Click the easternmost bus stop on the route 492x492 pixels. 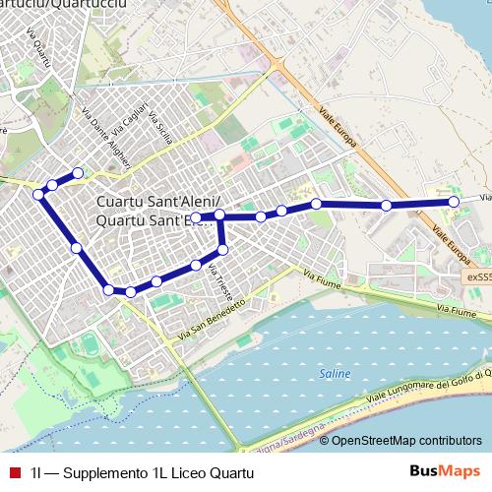pyautogui.click(x=454, y=201)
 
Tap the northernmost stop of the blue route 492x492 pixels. pyautogui.click(x=78, y=173)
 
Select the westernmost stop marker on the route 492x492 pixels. pyautogui.click(x=38, y=195)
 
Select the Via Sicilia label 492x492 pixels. pyautogui.click(x=155, y=124)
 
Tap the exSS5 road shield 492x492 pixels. pyautogui.click(x=478, y=277)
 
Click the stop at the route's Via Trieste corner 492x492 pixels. pyautogui.click(x=222, y=251)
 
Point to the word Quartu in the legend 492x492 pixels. pyautogui.click(x=229, y=473)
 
